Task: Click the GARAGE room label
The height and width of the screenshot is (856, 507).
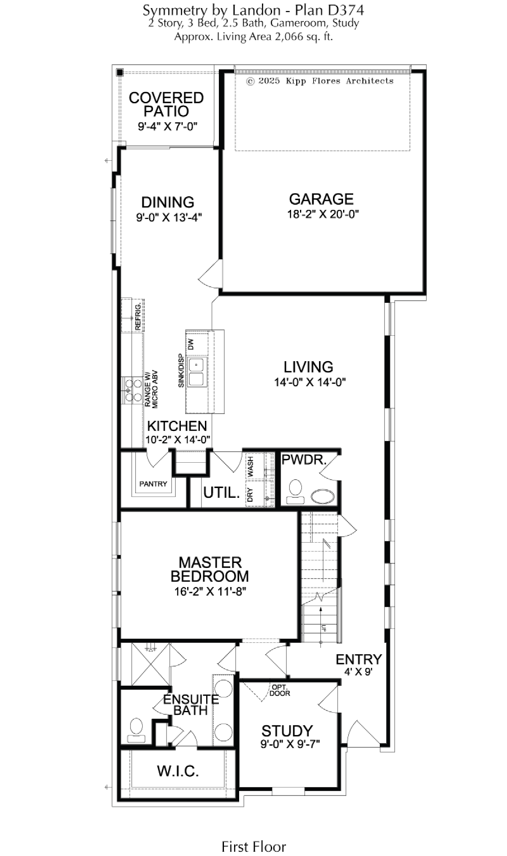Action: coord(321,199)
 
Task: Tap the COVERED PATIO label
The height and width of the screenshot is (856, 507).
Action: coord(166,104)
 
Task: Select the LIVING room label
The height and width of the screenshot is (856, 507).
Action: coord(308,367)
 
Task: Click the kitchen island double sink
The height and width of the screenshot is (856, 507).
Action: coord(196,372)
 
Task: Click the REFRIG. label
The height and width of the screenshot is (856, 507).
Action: coord(138,317)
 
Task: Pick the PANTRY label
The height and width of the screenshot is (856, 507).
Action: coord(153,484)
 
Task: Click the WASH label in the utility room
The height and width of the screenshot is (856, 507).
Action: coord(251,466)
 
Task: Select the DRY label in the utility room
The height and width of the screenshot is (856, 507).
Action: coord(250,495)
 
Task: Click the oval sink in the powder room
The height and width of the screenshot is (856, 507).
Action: coord(323,496)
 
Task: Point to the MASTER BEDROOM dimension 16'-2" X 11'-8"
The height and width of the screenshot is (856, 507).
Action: coord(210,591)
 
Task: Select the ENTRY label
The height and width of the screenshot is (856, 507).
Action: coord(359,659)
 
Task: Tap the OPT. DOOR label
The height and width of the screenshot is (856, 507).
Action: coord(280,690)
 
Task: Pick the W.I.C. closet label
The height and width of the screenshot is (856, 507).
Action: coord(178,771)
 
